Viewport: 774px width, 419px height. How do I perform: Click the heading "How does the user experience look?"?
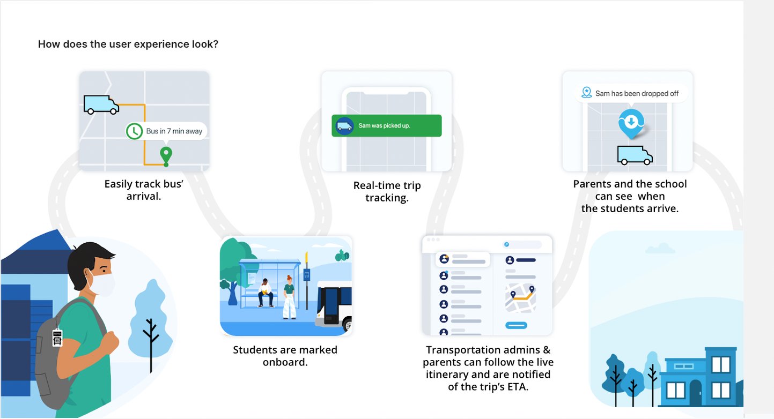click(128, 44)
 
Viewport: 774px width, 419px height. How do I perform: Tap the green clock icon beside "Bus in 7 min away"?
click(135, 131)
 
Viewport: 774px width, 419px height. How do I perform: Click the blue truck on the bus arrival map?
click(101, 104)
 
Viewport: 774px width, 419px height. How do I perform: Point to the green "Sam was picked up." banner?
click(386, 125)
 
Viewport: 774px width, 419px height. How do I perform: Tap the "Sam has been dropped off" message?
click(631, 94)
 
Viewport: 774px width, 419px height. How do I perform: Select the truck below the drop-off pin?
click(635, 155)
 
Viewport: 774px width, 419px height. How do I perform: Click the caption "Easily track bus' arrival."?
click(144, 190)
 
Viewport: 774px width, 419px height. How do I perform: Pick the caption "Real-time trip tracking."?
click(387, 192)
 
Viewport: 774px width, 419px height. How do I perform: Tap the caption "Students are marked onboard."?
click(285, 356)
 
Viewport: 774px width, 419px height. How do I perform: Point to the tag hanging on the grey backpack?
click(57, 337)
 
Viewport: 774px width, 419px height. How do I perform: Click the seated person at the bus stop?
click(266, 293)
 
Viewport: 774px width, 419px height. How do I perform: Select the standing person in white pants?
click(289, 297)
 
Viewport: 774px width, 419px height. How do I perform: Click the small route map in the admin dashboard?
click(520, 298)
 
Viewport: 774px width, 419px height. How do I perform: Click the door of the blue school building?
click(695, 393)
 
